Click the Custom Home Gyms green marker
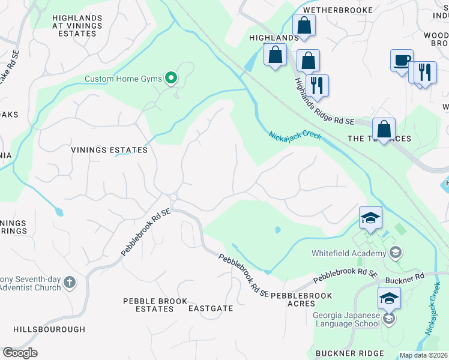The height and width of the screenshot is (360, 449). tap(171, 78)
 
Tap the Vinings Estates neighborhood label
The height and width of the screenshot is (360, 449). tap(109, 150)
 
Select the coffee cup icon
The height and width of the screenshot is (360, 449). tap(402, 61)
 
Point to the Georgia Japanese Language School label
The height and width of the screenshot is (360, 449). tap(346, 319)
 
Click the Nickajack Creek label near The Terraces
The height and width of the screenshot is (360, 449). tap(295, 136)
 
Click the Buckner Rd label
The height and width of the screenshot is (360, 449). tap(409, 276)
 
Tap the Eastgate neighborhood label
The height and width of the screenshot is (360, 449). tap(211, 308)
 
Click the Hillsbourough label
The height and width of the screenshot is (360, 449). tap(49, 329)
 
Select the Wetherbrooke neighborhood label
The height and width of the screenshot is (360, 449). tap(338, 10)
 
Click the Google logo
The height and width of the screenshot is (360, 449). tap(20, 353)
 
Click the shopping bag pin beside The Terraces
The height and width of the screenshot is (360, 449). tap(384, 128)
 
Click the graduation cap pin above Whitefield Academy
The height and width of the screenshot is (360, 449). tap(370, 217)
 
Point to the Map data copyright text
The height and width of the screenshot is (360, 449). tap(424, 355)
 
